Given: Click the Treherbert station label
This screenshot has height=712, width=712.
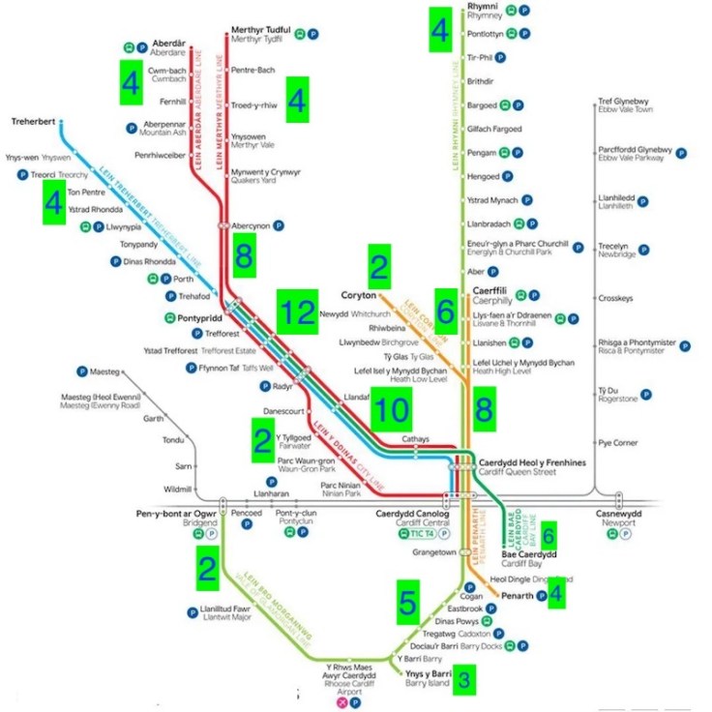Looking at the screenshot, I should click(34, 123).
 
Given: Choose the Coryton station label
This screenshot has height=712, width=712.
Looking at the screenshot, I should click(358, 294).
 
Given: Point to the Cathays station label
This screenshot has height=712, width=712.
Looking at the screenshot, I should click(417, 438).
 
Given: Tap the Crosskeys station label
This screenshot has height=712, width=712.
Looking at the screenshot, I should click(615, 298).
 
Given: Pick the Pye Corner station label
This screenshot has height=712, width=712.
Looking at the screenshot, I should click(618, 442).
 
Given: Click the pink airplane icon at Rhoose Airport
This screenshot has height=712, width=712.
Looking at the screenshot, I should click(340, 703).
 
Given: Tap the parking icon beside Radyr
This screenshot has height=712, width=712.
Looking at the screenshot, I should click(265, 385).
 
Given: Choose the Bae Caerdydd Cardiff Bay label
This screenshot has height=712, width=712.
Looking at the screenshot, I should click(529, 558).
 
